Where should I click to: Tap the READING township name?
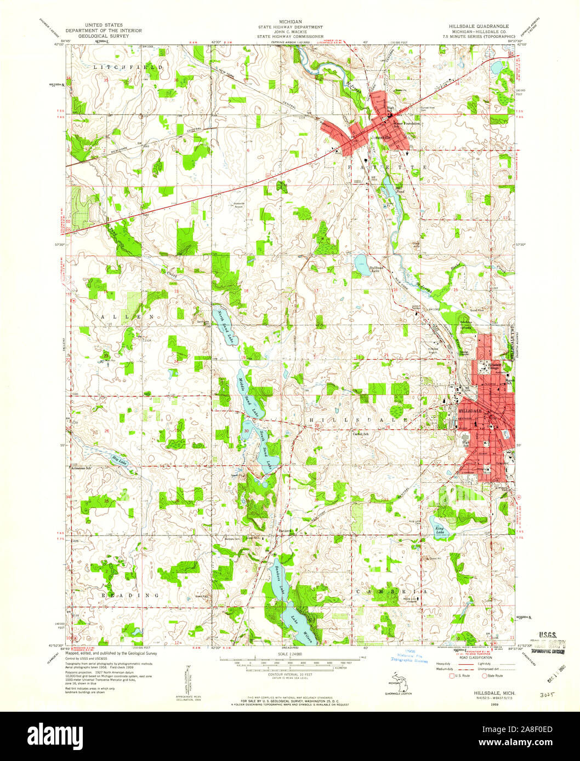129,595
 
